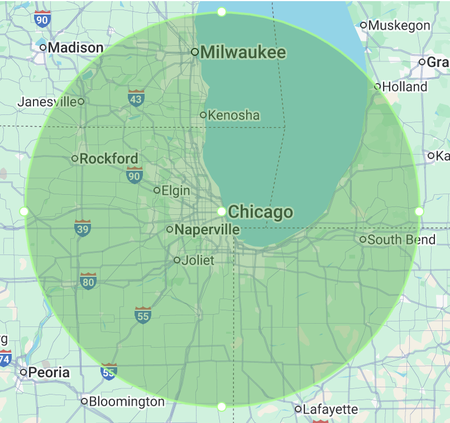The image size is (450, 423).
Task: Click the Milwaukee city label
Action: [x=243, y=52]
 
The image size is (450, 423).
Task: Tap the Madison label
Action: [x=75, y=47]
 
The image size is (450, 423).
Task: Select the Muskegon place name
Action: [x=399, y=25]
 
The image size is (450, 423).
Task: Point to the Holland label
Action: [x=405, y=86]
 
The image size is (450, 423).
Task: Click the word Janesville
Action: [x=47, y=102]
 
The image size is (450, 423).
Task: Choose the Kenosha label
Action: [x=234, y=116]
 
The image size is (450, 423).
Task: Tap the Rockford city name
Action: [x=109, y=158]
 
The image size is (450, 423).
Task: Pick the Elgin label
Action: [x=176, y=191]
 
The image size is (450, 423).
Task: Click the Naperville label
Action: [x=207, y=229]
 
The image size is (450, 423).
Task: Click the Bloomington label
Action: [x=127, y=401]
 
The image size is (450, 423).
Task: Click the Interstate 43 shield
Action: [x=136, y=98]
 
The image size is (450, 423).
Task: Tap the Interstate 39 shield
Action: [x=83, y=228]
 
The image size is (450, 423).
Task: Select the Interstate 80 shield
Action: [x=88, y=281]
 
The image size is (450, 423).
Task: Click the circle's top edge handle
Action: [x=222, y=12]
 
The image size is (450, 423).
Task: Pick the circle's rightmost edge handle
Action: [x=419, y=212]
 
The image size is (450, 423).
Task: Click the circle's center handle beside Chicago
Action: [x=222, y=212]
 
